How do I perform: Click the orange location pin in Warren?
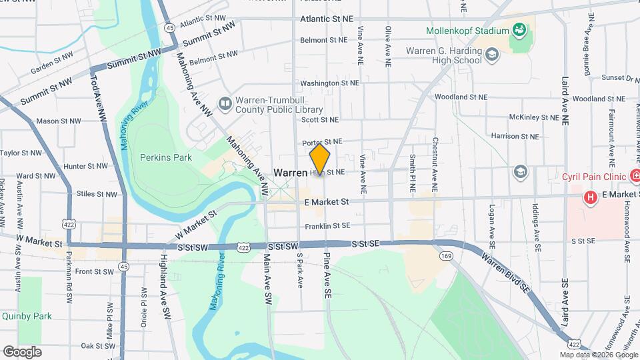click(x=320, y=160)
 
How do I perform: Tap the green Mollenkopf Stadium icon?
click(x=519, y=30)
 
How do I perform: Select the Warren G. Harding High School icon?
click(x=492, y=55)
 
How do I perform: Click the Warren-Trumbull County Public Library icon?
click(x=225, y=104)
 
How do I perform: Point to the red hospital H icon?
click(x=589, y=197)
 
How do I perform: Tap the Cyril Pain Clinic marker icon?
click(x=636, y=177)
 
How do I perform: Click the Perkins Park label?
click(x=166, y=157)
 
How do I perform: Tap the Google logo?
click(x=23, y=351)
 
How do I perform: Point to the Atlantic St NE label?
click(x=326, y=19)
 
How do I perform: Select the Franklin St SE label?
click(x=327, y=227)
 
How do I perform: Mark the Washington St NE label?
click(x=329, y=83)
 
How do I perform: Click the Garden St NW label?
click(x=51, y=63)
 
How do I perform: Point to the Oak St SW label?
click(x=97, y=345)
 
